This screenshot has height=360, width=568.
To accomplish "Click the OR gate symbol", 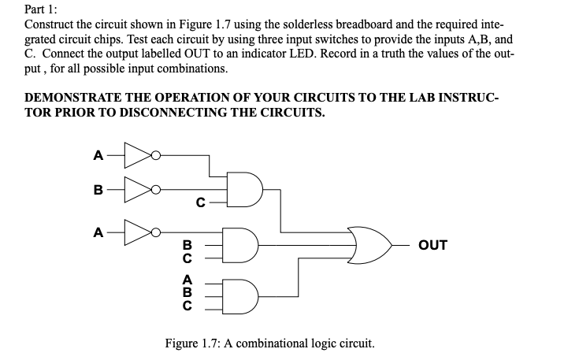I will (369, 244).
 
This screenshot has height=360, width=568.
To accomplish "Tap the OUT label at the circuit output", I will (434, 245).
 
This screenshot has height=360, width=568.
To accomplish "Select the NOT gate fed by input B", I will (139, 190).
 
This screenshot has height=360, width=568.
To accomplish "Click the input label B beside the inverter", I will (98, 190).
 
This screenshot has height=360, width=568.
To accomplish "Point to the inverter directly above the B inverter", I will (139, 155).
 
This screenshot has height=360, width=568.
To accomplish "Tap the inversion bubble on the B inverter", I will (158, 190).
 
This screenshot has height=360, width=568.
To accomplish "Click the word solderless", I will (283, 25).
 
